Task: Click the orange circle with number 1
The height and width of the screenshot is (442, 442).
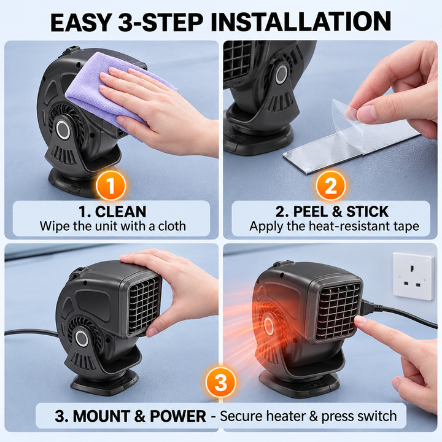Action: point(110,185)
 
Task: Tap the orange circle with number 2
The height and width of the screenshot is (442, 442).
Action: point(330,185)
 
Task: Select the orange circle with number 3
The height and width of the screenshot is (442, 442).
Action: point(221,382)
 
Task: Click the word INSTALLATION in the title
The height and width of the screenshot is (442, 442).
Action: point(301,21)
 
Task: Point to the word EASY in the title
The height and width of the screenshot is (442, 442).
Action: point(80,21)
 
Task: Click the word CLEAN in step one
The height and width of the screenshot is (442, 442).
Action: point(121,212)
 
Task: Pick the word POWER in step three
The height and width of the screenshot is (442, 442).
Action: point(178,416)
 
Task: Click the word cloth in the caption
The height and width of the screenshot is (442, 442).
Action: point(172,226)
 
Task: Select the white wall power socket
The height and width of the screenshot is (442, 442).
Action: point(413,276)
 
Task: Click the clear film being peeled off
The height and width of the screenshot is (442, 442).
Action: point(348,121)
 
